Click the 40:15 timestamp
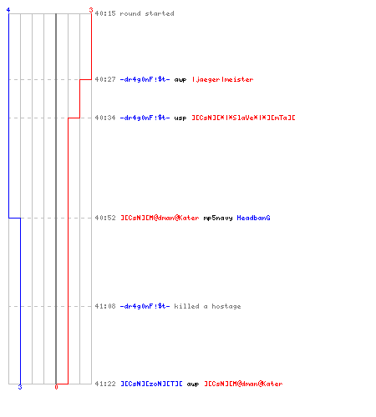click(105, 13)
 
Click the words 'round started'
click(147, 13)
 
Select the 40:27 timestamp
click(105, 79)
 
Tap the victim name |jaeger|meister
click(223, 79)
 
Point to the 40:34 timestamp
click(105, 118)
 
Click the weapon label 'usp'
click(180, 118)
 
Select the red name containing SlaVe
click(243, 118)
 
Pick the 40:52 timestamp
click(105, 218)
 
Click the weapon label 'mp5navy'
click(218, 218)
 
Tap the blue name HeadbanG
click(253, 218)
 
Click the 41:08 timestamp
click(105, 306)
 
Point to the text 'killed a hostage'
click(207, 306)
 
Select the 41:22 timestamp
click(105, 384)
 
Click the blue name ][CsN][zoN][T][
click(151, 384)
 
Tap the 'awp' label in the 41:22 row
click(193, 384)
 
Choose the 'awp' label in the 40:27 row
click(180, 80)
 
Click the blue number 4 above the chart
click(8, 10)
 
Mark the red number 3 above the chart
click(91, 10)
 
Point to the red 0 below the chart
click(56, 387)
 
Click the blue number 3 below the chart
click(20, 387)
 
